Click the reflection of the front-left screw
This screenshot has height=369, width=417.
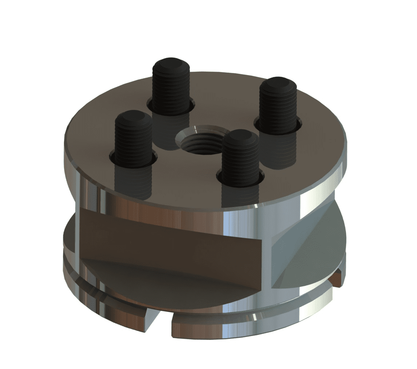[133, 182]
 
